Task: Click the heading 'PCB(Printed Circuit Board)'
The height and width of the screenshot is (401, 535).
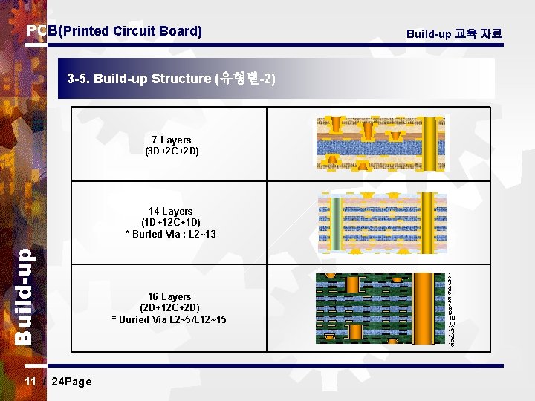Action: tap(114, 31)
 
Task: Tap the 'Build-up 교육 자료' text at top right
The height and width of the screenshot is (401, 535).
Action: tap(454, 33)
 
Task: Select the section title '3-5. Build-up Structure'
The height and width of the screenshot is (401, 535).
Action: tap(171, 78)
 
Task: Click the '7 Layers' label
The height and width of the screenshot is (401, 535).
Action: tap(172, 140)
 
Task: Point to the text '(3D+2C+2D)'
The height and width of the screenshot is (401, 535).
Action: tap(172, 151)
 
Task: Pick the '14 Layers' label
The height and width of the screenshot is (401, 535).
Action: tap(170, 211)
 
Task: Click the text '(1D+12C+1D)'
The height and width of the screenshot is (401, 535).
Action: tap(170, 222)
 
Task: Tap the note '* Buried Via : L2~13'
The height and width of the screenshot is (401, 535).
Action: tap(170, 234)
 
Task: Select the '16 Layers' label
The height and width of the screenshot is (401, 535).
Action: tap(169, 296)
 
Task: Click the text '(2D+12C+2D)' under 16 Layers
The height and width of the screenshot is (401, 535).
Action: tap(169, 307)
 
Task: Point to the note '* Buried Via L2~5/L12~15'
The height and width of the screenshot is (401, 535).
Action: tap(169, 319)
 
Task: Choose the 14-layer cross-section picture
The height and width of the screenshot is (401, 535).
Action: tap(382, 223)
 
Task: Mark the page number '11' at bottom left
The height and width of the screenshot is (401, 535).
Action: tap(30, 382)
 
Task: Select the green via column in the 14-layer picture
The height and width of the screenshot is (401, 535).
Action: tap(336, 223)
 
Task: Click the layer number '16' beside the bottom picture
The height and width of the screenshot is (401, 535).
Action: tap(451, 345)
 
